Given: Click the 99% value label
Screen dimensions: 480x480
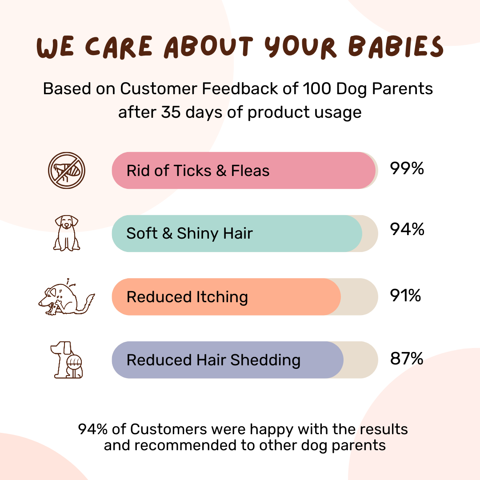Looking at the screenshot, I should (407, 169).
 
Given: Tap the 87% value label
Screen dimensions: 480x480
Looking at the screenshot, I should (407, 359).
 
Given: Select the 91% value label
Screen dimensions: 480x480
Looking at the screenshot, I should (405, 296).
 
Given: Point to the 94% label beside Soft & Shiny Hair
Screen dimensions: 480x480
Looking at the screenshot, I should (407, 230).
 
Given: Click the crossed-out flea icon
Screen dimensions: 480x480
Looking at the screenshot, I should (67, 171).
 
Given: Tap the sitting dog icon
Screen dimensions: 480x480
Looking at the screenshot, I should (67, 233).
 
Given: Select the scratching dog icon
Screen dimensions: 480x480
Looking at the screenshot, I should (66, 297).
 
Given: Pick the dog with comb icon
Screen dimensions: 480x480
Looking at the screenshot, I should (67, 360).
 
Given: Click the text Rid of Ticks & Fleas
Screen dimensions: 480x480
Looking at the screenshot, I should (198, 171).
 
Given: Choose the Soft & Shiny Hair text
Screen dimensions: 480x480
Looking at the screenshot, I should (189, 234).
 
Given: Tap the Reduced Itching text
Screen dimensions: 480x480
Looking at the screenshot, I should (187, 297).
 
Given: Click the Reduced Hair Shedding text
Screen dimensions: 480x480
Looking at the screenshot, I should (213, 360).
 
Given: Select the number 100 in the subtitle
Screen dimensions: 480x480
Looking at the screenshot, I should (316, 89).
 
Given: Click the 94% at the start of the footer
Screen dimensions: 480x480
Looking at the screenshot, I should (92, 429).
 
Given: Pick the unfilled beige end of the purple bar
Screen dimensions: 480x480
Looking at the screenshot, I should (360, 360).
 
